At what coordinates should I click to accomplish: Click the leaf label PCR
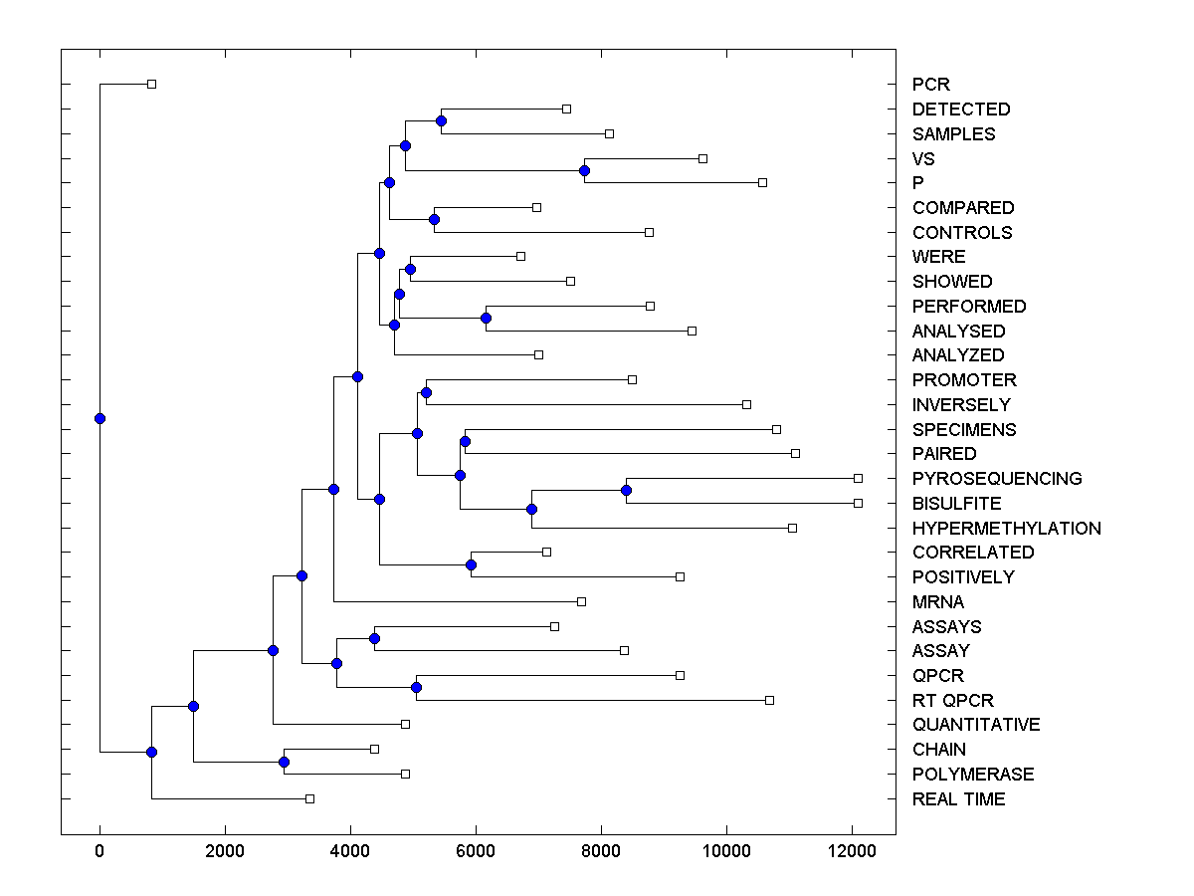[x=931, y=85]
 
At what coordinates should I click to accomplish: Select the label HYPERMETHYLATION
[x=1006, y=528]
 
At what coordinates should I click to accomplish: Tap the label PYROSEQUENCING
[x=996, y=479]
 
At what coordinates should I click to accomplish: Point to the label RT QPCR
[x=952, y=701]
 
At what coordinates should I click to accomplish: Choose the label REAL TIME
[x=958, y=799]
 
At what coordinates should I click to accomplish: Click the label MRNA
[x=937, y=602]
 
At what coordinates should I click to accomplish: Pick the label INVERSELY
[x=960, y=405]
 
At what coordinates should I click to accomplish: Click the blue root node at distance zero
[x=99, y=418]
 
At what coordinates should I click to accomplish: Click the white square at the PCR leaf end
[x=151, y=84]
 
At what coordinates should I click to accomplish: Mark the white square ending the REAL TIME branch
[x=309, y=798]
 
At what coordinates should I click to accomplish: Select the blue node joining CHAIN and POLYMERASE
[x=284, y=762]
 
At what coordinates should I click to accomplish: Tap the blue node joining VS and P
[x=584, y=170]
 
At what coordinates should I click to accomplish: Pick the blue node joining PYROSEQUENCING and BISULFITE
[x=626, y=490]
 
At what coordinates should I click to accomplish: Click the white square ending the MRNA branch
[x=581, y=601]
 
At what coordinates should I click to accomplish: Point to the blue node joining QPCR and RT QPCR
[x=416, y=687]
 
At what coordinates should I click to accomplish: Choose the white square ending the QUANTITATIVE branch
[x=405, y=724]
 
